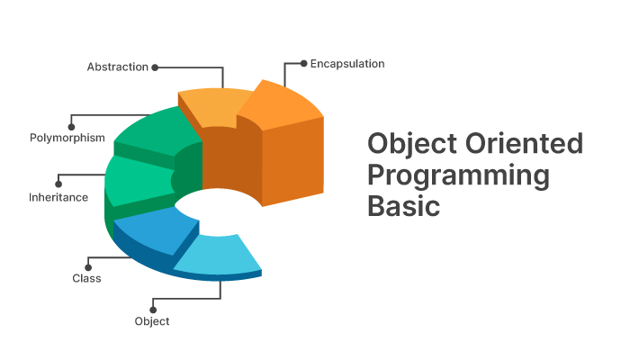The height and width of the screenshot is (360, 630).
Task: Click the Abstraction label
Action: (x=118, y=67)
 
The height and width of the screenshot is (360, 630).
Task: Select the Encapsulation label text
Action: (x=347, y=64)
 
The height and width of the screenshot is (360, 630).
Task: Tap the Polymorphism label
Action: (x=67, y=138)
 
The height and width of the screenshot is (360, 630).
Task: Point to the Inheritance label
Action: (x=58, y=197)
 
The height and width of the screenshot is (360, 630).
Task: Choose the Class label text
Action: (x=86, y=278)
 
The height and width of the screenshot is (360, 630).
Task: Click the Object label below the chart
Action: (x=152, y=321)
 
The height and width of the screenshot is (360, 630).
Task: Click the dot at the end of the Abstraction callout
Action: (x=155, y=67)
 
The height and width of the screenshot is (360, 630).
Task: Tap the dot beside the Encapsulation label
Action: (x=304, y=64)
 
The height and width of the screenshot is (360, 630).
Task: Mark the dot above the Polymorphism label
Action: (x=71, y=127)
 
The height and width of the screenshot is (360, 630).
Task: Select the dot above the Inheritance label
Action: (x=58, y=184)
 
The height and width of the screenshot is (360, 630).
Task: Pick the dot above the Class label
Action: (x=88, y=267)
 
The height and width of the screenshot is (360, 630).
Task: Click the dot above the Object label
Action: (x=153, y=310)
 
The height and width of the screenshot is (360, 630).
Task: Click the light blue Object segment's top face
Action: (x=219, y=254)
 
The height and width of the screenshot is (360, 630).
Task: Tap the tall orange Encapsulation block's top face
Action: (x=280, y=105)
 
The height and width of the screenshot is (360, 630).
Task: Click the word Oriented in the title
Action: (x=524, y=143)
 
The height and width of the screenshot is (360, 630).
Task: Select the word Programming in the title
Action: (x=458, y=176)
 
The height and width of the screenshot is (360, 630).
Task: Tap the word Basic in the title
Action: (x=404, y=206)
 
